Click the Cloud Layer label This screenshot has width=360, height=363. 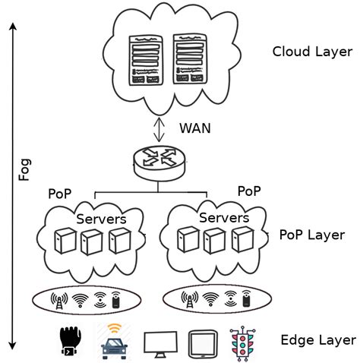tap(312, 52)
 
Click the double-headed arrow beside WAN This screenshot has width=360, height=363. tap(159, 127)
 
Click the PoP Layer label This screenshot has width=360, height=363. tap(312, 235)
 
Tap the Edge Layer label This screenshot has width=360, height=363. tap(317, 339)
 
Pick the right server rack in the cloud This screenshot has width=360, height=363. tap(191, 58)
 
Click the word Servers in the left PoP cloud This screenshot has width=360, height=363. tap(101, 219)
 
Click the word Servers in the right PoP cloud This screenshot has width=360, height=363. tap(223, 218)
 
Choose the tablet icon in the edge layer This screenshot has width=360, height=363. tap(200, 342)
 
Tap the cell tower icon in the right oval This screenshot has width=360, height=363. tap(188, 300)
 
